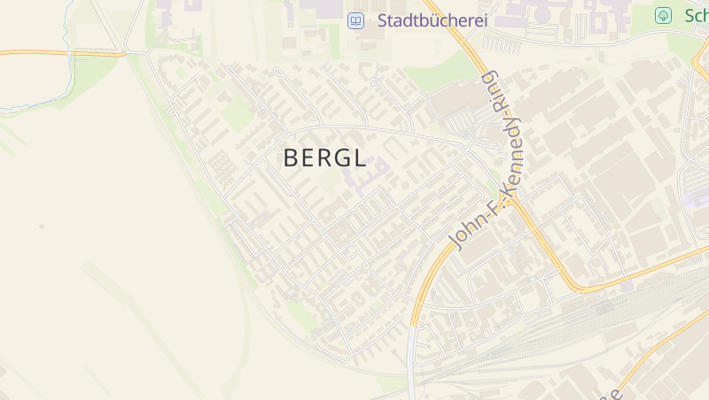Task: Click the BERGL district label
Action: pos(324,158)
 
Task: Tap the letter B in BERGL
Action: pos(291,158)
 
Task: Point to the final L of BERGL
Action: pos(360,158)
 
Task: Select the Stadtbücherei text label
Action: pos(432,19)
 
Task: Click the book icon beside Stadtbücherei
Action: pos(355,19)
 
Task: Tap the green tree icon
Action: pos(662,15)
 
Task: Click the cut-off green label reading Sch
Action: pos(696,15)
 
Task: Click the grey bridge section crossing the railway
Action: pos(411,363)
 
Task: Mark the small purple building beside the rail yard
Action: pos(696,200)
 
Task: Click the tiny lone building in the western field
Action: pos(42,227)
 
